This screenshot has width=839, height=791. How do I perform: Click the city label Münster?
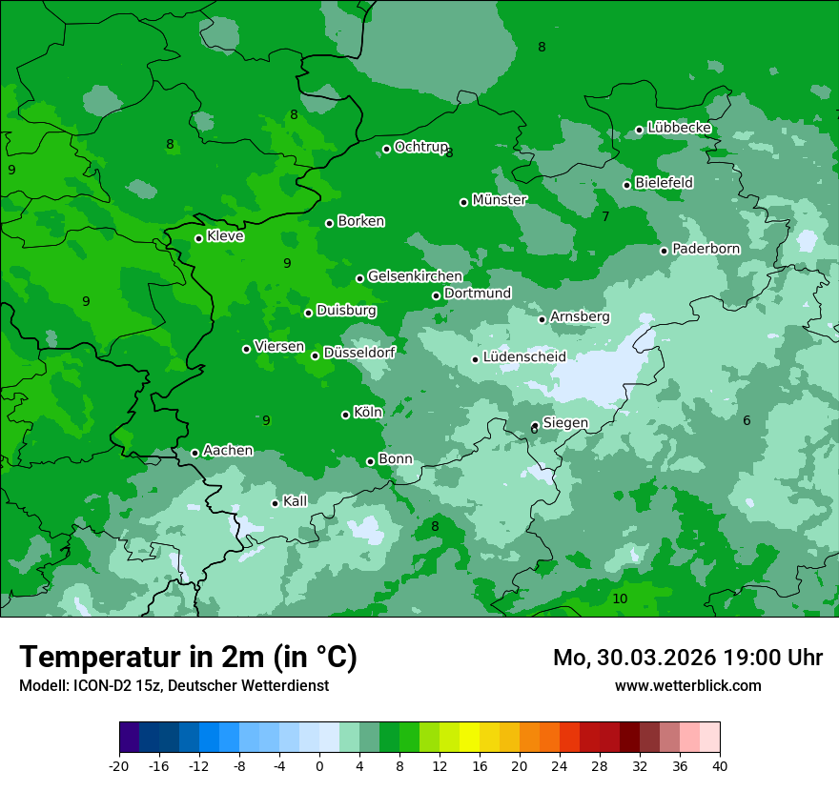click(500, 200)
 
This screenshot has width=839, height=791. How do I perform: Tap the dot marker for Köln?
click(345, 415)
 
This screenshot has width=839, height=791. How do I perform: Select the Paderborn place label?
click(706, 249)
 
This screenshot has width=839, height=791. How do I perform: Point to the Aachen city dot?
click(194, 453)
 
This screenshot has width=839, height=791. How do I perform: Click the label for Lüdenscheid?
click(524, 357)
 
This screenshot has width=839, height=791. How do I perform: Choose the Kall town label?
click(296, 501)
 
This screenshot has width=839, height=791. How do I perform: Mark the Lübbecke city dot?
click(639, 130)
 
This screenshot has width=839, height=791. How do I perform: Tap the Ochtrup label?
click(420, 147)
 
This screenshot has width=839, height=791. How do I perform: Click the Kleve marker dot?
click(198, 238)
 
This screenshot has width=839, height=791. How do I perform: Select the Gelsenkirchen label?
click(415, 276)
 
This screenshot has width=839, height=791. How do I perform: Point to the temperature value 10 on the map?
click(620, 598)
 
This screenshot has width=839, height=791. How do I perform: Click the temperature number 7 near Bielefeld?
click(605, 216)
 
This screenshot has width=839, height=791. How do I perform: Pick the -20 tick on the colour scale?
click(119, 765)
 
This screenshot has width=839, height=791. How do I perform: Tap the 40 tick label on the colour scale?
click(720, 765)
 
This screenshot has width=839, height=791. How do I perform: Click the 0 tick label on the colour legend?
click(319, 765)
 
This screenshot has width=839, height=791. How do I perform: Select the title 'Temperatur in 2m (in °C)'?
click(189, 657)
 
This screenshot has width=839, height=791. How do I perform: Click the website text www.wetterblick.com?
click(687, 685)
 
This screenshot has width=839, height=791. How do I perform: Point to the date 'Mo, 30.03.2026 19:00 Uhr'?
click(687, 658)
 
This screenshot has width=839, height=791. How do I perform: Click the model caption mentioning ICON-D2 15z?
click(174, 685)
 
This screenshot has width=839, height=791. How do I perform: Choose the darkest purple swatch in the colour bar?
click(130, 738)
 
